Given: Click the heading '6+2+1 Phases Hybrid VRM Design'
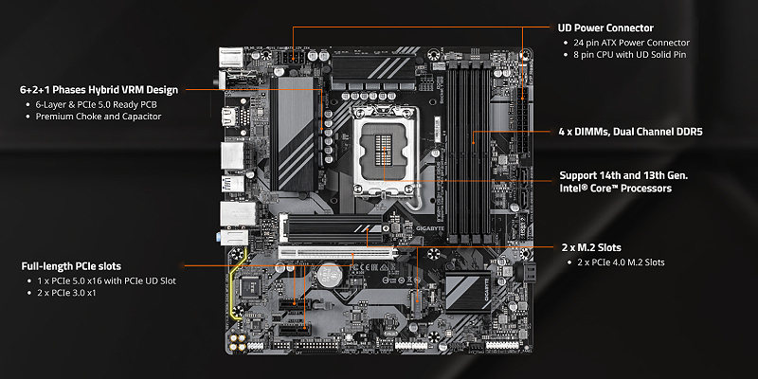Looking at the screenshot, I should pos(99,89).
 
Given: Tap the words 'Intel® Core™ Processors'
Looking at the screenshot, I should pos(617,189).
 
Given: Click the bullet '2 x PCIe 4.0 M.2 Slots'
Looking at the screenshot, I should pos(621,262).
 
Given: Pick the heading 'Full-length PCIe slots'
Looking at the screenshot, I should pos(71,266).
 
